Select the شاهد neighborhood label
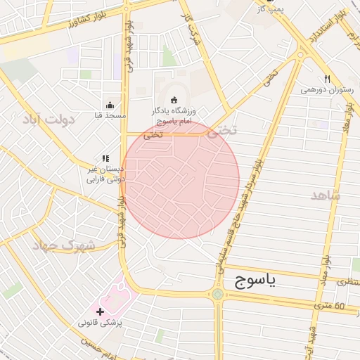pos(324,195)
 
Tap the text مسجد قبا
pos(110,115)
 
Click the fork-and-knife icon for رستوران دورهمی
pos(326,79)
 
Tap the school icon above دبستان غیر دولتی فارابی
pos(105,160)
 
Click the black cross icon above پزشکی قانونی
pos(100,311)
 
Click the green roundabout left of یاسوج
pos(217,294)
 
